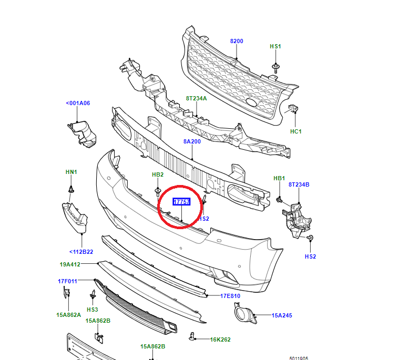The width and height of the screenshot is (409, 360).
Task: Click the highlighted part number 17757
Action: [181, 202]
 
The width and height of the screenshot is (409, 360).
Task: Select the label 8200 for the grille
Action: [237, 41]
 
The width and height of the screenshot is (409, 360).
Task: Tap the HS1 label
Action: [275, 46]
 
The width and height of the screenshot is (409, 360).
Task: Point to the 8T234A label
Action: [196, 98]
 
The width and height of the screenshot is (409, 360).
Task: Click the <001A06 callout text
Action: [78, 103]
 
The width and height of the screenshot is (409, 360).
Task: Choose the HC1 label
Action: [296, 131]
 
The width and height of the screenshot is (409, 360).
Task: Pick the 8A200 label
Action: [192, 141]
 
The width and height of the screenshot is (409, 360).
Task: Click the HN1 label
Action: [71, 172]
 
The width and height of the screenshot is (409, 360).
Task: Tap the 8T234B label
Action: [299, 184]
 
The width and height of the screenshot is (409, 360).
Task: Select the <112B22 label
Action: [81, 252]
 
